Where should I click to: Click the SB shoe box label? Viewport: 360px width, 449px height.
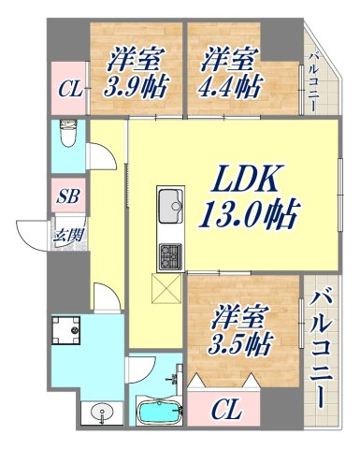click(x=65, y=198)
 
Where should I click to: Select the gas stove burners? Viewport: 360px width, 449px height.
click(x=171, y=254)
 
